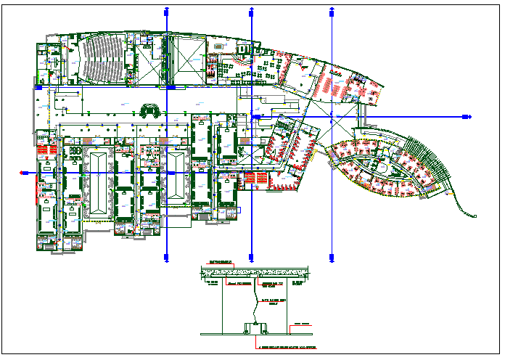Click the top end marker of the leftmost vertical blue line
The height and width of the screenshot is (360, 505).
[x=168, y=12]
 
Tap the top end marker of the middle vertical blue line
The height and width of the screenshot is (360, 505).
[x=250, y=12]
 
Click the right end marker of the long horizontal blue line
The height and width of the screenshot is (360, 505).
[x=467, y=117]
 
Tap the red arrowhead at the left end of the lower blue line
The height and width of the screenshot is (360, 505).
[x=24, y=173]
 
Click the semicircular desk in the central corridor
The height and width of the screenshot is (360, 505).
[x=151, y=110]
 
